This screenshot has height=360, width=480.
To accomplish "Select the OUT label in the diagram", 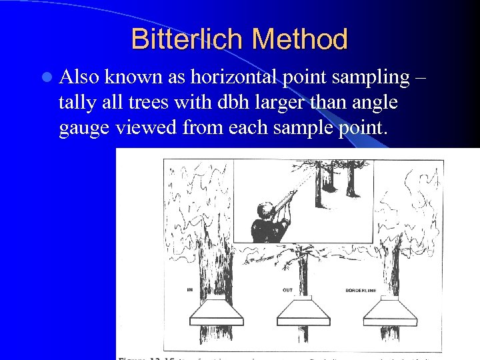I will [287, 291].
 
